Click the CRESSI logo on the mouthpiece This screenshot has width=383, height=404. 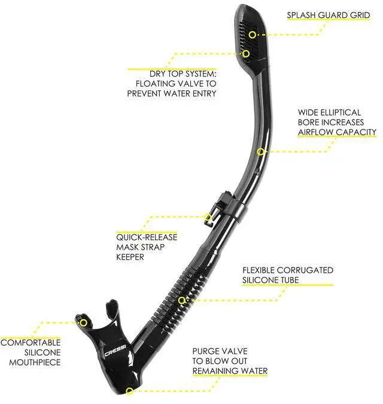[115, 351]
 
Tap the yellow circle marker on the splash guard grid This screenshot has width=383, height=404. [253, 35]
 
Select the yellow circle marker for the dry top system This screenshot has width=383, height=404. [246, 54]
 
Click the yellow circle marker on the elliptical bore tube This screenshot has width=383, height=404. [261, 151]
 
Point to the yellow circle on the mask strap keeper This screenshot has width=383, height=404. [208, 217]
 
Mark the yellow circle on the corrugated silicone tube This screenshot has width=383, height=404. [182, 300]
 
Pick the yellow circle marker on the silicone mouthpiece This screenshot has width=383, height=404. [83, 323]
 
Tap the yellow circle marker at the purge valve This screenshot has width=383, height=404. [129, 391]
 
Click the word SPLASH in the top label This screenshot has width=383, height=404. [301, 15]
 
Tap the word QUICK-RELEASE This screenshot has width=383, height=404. [147, 237]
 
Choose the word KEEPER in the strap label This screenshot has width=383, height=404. [130, 257]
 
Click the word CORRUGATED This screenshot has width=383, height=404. [305, 271]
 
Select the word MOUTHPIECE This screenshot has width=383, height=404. [35, 363]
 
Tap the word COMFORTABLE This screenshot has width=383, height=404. [31, 343]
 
